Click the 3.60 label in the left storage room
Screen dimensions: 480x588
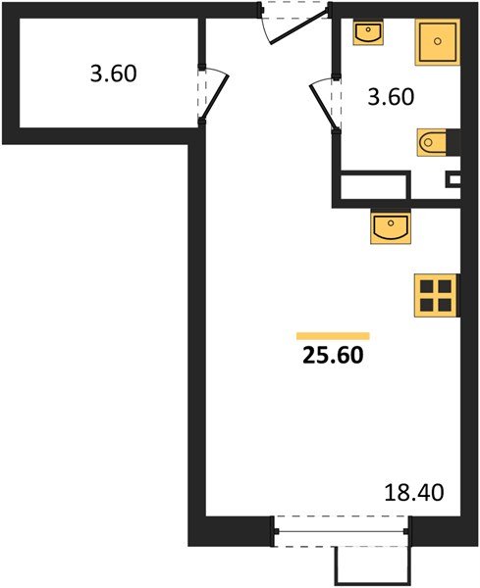[x=114, y=73]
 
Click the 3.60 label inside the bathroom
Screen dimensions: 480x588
[x=391, y=97]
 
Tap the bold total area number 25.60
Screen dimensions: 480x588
[x=333, y=355]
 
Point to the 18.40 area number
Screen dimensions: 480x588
[x=414, y=492]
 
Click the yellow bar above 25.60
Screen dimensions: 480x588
[x=333, y=336]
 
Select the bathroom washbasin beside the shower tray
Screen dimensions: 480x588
[x=368, y=32]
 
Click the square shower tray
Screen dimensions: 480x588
[x=438, y=42]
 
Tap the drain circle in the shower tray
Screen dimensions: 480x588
[x=438, y=41]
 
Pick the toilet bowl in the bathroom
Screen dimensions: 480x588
[x=432, y=142]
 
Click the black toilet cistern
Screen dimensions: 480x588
[x=453, y=142]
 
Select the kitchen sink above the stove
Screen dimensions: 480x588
[x=391, y=227]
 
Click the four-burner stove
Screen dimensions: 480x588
[x=437, y=296]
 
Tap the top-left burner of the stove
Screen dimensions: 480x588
[x=427, y=286]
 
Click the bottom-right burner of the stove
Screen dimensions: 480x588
[x=445, y=305]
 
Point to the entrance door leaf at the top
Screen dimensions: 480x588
[x=300, y=28]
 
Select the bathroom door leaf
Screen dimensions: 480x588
[x=324, y=108]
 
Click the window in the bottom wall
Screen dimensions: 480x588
[x=342, y=531]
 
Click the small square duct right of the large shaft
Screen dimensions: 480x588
[x=454, y=179]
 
